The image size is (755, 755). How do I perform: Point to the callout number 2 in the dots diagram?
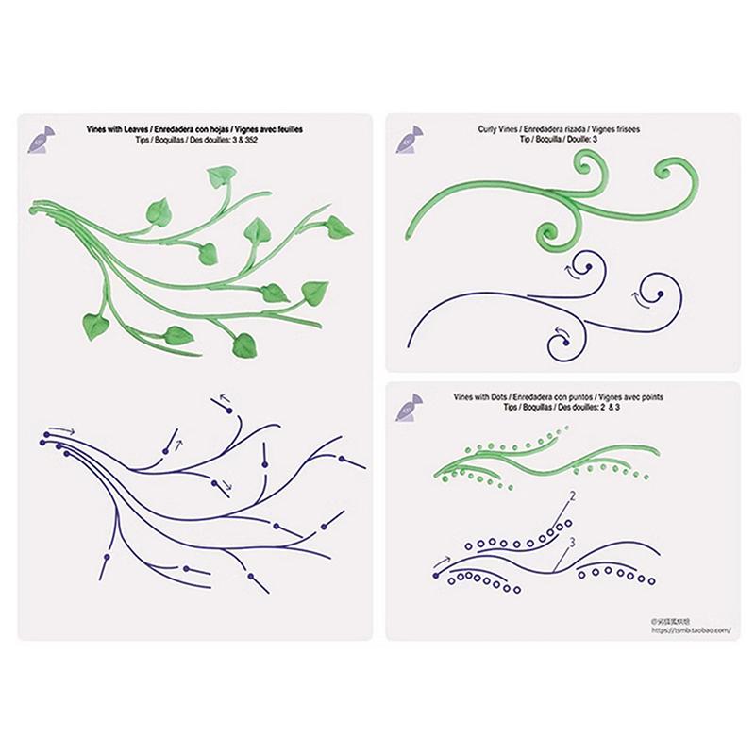(572, 495)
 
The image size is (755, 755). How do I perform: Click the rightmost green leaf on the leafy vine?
(339, 226)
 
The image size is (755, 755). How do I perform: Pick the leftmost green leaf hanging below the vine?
(93, 327)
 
